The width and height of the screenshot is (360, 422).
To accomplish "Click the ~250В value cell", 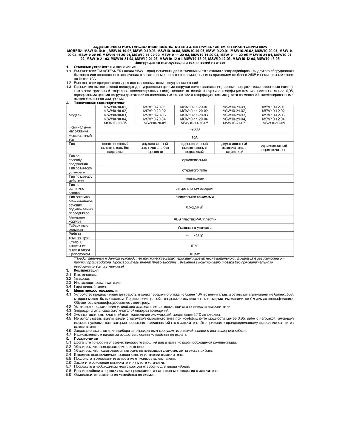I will click(x=194, y=129).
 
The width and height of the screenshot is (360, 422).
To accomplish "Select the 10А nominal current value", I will click(x=194, y=137).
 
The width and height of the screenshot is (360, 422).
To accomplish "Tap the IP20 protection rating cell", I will click(x=194, y=246).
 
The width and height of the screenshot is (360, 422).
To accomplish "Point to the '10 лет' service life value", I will click(x=194, y=254).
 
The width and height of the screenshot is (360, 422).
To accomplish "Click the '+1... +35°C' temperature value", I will click(x=194, y=236).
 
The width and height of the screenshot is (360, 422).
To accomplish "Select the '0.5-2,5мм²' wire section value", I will click(x=194, y=207).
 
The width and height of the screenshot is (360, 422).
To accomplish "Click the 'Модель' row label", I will click(x=75, y=115).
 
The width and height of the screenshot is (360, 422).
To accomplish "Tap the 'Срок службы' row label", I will click(x=79, y=254).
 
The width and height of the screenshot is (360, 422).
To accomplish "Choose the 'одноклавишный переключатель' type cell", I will click(x=273, y=148).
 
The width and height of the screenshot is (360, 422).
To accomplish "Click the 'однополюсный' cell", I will click(x=194, y=160).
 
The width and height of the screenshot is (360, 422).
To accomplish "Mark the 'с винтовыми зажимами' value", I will click(x=194, y=197).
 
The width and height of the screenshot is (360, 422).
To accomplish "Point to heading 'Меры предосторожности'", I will click(x=95, y=290).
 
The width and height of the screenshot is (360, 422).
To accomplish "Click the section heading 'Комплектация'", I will click(x=86, y=270).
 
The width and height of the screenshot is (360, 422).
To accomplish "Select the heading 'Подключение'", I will click(x=86, y=338).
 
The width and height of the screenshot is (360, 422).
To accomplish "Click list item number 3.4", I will click(x=69, y=287).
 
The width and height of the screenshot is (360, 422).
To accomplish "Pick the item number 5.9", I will click(x=69, y=375).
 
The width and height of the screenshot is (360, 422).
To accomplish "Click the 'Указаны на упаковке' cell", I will click(x=194, y=228).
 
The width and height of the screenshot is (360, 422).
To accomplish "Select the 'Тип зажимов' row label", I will click(x=79, y=197).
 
